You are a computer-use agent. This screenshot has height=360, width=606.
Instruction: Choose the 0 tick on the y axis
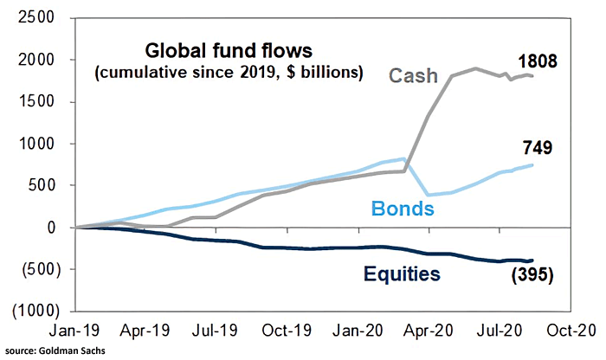coord(50,227)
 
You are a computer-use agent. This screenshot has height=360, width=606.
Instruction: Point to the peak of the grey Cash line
coord(474,67)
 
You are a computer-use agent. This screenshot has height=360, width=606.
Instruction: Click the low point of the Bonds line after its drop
coord(425,195)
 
